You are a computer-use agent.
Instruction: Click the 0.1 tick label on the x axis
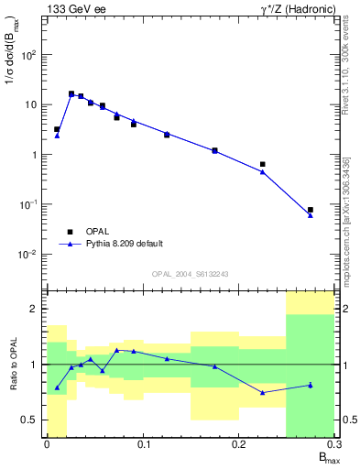[x=142, y=444]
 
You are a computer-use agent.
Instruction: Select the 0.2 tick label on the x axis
[x=238, y=444]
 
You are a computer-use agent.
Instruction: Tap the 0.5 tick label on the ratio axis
[x=28, y=420]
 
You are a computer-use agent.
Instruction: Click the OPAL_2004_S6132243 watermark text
[x=190, y=274]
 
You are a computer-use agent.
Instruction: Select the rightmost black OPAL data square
[x=311, y=210]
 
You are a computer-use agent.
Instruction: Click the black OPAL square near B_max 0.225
[x=263, y=164]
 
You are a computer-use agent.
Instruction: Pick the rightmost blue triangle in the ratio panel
[x=311, y=385]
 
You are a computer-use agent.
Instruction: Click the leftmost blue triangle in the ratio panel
[x=57, y=387]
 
